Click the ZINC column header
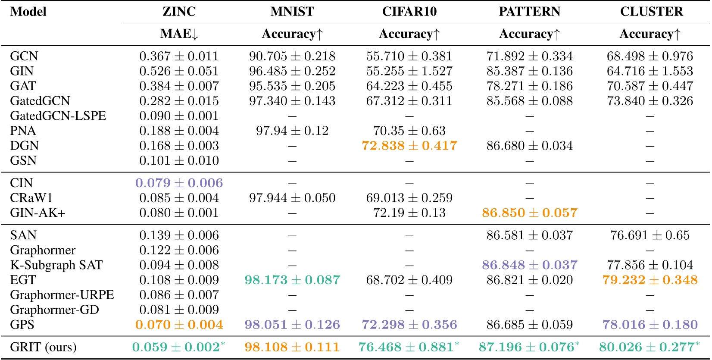179,12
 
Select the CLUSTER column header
651,12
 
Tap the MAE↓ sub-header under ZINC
179,34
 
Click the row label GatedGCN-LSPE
58,116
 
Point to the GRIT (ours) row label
43,347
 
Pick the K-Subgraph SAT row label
56,265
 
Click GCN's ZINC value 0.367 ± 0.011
179,56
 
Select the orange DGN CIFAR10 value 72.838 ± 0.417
409,146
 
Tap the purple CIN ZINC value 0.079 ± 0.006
179,183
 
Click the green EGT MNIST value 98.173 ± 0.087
292,280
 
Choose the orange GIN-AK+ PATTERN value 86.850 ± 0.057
529,213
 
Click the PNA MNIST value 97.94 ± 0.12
292,131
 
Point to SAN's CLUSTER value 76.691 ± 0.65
650,235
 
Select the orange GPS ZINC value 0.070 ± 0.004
179,325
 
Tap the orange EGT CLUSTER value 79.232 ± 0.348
650,280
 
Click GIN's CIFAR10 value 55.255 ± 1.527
409,71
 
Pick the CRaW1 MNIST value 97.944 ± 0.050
292,198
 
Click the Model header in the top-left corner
28,12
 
